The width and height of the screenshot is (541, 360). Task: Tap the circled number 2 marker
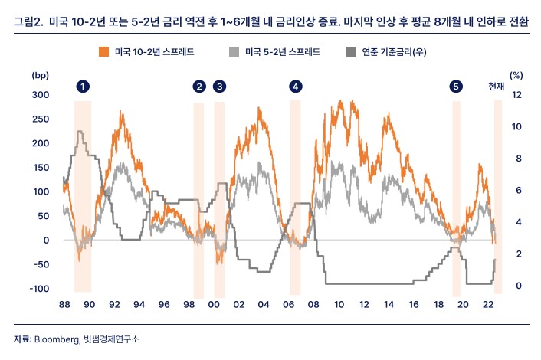199,87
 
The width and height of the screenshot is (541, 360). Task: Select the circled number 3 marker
220,87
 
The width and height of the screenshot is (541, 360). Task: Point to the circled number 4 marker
296,87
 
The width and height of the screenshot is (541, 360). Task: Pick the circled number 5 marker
457,87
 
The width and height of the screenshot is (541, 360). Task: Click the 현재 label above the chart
497,87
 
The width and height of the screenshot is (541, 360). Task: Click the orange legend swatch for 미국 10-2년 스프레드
103,52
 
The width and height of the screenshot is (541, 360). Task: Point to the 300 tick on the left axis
41,95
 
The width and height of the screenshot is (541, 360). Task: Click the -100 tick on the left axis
39,289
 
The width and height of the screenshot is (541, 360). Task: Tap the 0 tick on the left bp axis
46,240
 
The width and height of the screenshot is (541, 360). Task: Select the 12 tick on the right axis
516,95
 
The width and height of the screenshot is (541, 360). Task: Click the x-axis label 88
65,305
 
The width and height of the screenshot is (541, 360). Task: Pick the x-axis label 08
313,305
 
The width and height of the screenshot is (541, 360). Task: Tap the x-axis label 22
487,305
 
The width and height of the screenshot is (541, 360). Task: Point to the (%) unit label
516,76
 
